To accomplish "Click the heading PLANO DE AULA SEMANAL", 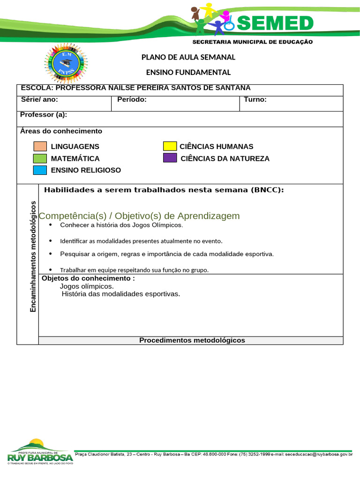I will tap(188, 57).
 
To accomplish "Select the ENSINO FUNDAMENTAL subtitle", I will tap(188, 72).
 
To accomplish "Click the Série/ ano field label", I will tap(39, 99).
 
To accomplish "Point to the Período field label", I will tap(132, 99).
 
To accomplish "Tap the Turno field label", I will tap(255, 99).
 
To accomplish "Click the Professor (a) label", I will tap(44, 115).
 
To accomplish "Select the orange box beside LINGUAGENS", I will tap(40, 146).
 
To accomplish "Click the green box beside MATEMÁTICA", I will tap(40, 158).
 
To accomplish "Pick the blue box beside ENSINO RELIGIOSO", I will tap(40, 170).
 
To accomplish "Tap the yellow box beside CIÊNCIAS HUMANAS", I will tap(170, 146).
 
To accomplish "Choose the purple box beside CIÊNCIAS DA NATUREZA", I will tap(170, 158).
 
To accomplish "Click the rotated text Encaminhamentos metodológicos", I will tap(33, 256).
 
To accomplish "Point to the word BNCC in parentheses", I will tap(266, 190).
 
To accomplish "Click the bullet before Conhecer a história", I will tap(51, 225).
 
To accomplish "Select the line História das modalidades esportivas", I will tap(120, 294).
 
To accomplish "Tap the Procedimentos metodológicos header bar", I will tap(192, 340).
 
